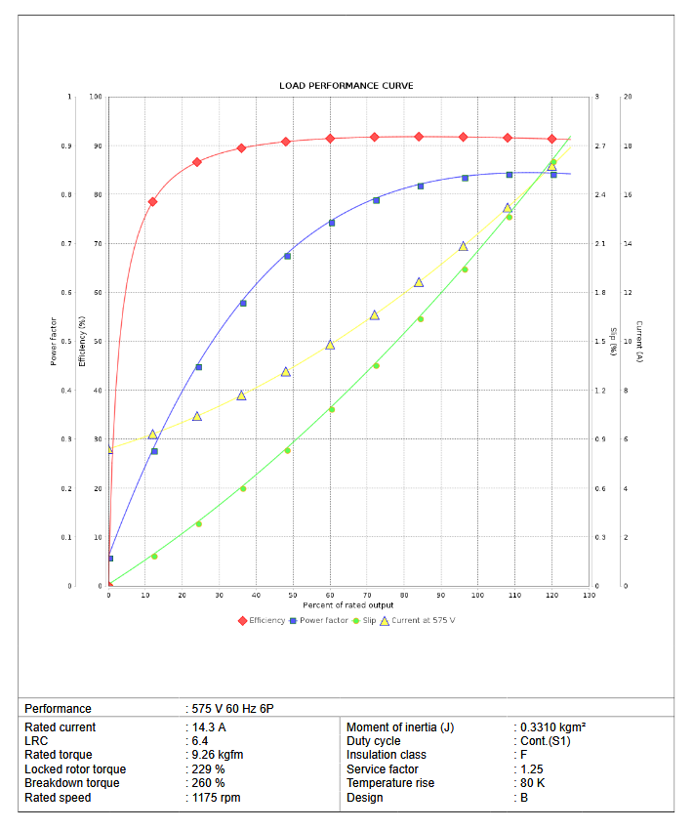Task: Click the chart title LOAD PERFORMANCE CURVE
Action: click(x=346, y=86)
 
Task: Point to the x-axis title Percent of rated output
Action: click(x=347, y=605)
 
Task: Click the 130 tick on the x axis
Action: click(x=588, y=595)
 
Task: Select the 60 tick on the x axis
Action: click(x=330, y=595)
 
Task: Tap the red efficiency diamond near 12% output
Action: click(x=152, y=201)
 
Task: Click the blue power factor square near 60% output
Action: click(x=332, y=223)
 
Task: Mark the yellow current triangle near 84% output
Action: click(x=419, y=282)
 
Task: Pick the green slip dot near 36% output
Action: click(x=243, y=488)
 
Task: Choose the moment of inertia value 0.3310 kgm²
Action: click(x=552, y=727)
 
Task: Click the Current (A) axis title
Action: click(x=638, y=342)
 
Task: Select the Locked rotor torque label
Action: click(x=75, y=769)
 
